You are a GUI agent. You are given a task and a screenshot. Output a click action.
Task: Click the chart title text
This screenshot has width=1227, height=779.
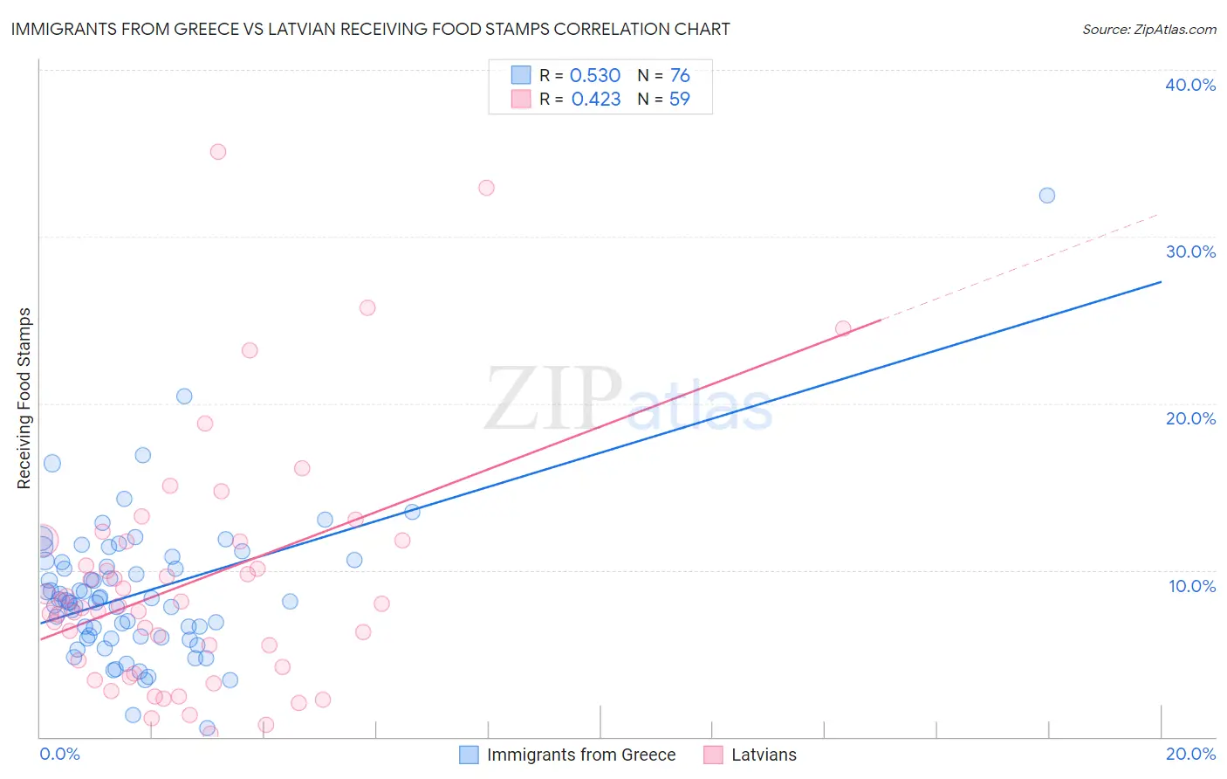[370, 29]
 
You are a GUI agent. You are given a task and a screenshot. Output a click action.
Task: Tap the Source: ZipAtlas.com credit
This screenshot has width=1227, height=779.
[1148, 30]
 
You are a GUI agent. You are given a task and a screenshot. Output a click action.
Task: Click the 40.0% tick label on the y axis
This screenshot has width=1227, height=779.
[1190, 85]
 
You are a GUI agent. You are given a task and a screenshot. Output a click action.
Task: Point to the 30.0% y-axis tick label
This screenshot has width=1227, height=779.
[1190, 252]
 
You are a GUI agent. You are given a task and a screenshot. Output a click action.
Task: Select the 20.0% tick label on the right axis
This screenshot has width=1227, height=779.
[1190, 418]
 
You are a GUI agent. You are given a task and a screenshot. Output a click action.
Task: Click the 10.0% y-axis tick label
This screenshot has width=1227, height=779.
[1190, 586]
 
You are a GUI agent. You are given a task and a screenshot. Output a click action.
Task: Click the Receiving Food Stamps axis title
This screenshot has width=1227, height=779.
[24, 398]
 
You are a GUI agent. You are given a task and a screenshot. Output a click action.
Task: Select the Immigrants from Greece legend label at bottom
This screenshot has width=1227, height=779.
[580, 755]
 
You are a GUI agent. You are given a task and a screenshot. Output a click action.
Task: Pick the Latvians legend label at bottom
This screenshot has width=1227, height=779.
[764, 755]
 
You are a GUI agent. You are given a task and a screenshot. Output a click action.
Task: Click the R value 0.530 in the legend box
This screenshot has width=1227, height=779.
[595, 76]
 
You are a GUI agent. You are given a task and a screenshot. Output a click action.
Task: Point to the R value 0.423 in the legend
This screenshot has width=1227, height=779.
[596, 100]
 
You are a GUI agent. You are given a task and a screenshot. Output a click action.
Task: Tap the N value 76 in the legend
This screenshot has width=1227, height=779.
[680, 76]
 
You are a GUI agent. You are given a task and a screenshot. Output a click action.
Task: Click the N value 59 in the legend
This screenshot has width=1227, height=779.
[679, 100]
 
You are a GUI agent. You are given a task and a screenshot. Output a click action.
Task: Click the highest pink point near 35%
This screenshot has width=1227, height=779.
[218, 152]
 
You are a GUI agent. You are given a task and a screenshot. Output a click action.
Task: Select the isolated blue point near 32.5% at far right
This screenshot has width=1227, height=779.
[1047, 196]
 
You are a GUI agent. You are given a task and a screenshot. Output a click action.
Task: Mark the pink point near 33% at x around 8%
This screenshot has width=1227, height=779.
[487, 188]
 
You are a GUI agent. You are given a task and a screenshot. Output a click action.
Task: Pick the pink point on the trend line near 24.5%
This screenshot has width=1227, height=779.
[843, 328]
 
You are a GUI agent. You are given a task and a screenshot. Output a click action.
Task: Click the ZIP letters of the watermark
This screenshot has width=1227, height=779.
[553, 399]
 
